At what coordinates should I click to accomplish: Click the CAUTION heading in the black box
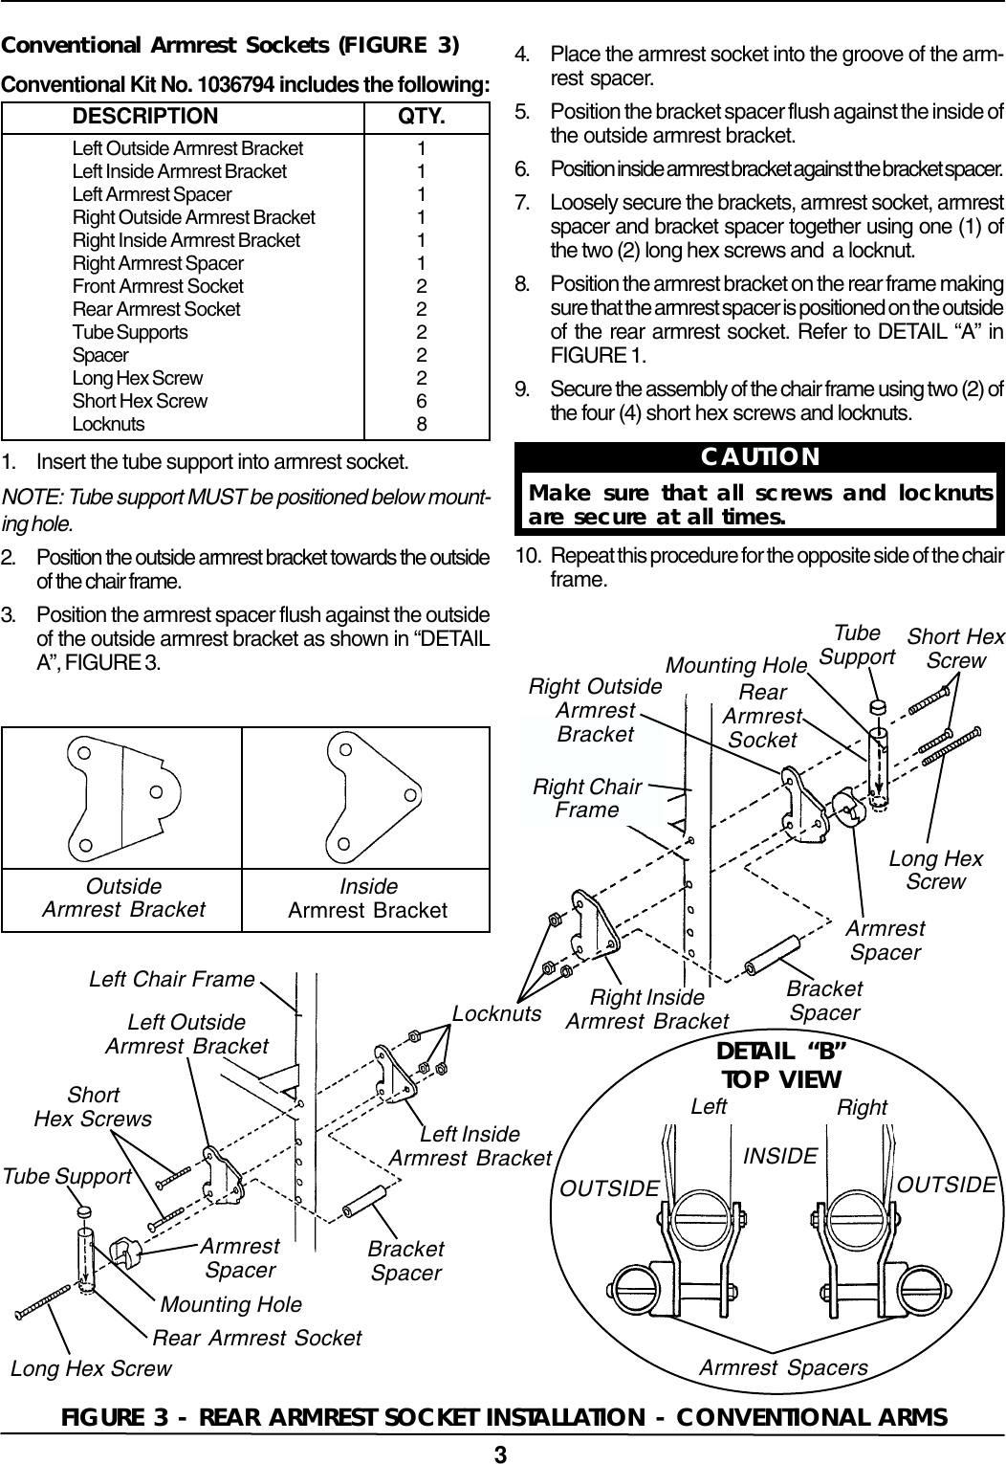coord(760,455)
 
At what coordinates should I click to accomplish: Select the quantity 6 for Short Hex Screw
coord(422,401)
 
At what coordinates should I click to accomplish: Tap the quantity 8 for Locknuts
coord(422,424)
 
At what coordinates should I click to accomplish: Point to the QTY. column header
coord(422,117)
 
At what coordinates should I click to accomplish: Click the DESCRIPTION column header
coord(145,117)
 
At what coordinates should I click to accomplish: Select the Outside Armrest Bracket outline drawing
coord(125,798)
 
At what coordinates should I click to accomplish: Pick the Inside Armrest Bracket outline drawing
coord(369,798)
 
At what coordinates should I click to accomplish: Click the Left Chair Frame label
coord(172,979)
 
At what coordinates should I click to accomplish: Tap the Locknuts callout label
coord(497,1012)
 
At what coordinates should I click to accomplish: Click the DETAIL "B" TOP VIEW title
coord(781,1065)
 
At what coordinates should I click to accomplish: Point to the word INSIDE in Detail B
coord(780,1156)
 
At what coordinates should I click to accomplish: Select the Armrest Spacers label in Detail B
coord(783,1367)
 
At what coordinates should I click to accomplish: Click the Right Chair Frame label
coord(586,799)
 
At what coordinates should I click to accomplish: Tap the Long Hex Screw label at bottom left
coord(91,1368)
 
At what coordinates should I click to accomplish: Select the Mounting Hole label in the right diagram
coord(736,664)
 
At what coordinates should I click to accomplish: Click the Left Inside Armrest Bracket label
coord(470,1145)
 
